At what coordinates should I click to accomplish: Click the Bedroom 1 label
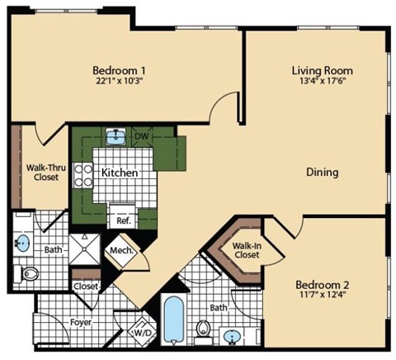click(x=120, y=69)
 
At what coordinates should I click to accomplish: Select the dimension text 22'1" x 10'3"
click(x=120, y=81)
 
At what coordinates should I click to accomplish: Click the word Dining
click(x=323, y=172)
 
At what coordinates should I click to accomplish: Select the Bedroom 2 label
click(x=323, y=286)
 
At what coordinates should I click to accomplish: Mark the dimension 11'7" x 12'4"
click(x=323, y=297)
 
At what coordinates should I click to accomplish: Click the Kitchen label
click(x=119, y=173)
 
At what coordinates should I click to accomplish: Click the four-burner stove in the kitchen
click(x=84, y=173)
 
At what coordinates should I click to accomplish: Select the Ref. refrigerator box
click(x=123, y=220)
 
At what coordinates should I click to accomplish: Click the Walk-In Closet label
click(x=245, y=250)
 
